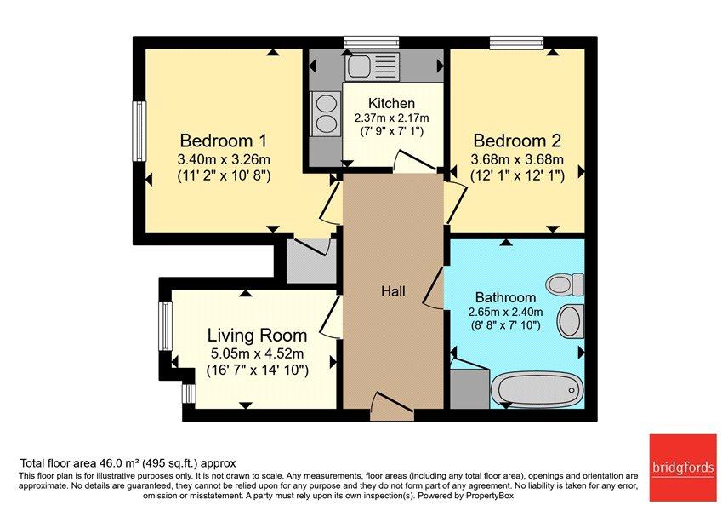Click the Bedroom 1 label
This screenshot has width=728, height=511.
pos(224,140)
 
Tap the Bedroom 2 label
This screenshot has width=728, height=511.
pos(517,140)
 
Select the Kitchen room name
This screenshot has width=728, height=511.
pos(391,103)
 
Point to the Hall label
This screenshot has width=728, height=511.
pos(393,291)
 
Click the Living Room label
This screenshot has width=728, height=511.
pos(257,336)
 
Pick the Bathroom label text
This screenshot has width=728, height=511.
pos(506,297)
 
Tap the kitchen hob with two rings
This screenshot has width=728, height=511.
pos(326,114)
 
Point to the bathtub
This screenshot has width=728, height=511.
pos(536,388)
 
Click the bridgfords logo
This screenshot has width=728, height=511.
pos(682,468)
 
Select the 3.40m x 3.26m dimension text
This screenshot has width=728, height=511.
pos(224,160)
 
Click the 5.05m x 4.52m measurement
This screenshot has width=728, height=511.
pos(257,353)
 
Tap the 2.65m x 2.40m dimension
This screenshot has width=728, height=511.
pos(506,312)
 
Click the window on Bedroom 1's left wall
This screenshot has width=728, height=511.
pos(139,131)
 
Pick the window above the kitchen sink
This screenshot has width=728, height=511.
pos(372,43)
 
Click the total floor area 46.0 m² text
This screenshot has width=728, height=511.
pos(128,463)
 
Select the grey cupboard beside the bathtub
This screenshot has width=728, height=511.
pos(469,388)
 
